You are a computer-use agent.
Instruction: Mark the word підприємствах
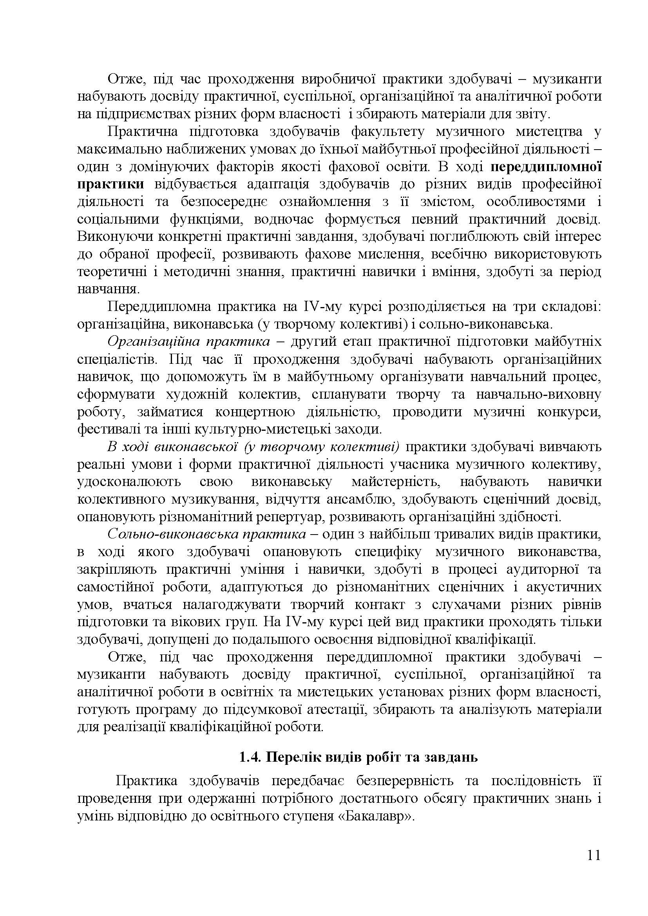coord(135,114)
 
